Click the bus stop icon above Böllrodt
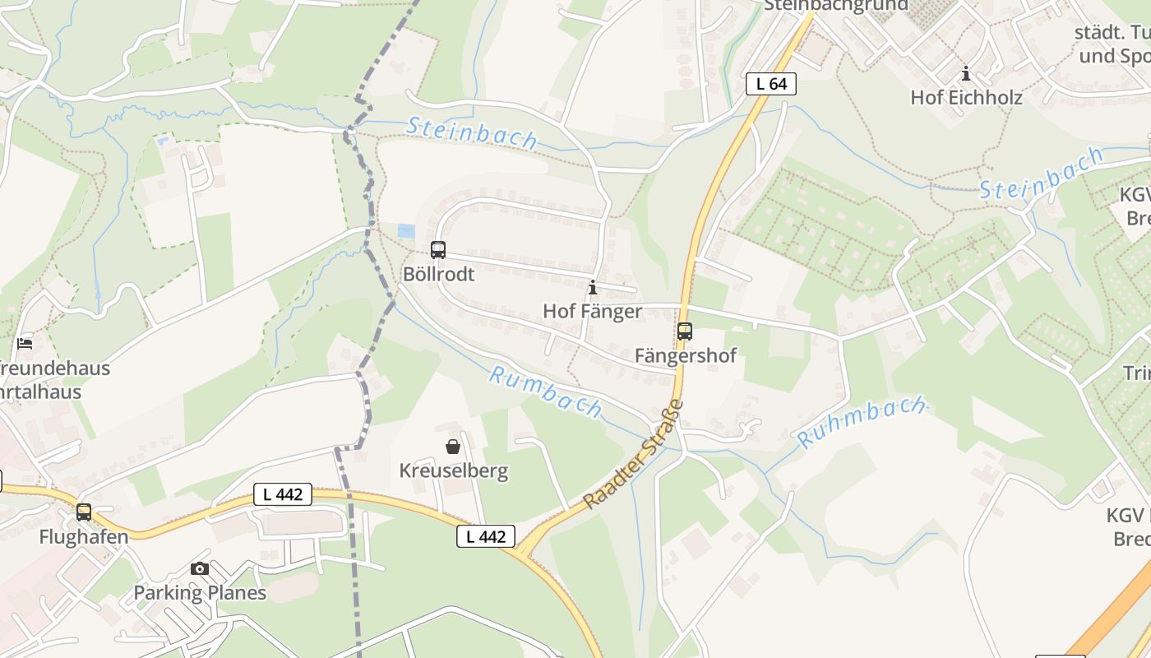coord(438,249)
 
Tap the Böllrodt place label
coord(439,274)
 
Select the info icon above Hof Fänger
coord(593,287)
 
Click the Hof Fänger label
coord(592,311)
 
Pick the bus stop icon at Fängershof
coord(685,331)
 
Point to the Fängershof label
coord(685,355)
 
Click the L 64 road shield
coord(771,83)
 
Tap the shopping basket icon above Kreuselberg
coord(453,447)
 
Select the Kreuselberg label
coord(453,471)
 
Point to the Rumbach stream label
coord(545,392)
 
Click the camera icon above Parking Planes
coord(200,568)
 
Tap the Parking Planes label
coord(200,592)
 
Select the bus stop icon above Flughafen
coord(84,512)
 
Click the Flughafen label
coord(84,537)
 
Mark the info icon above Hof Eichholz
coord(966,73)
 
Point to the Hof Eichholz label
coord(966,97)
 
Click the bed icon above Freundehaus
coord(25,343)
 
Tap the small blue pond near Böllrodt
coord(406,231)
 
